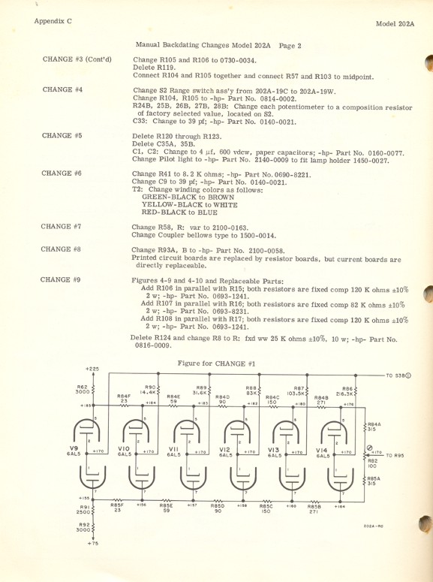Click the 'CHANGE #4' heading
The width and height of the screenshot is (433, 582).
(62, 89)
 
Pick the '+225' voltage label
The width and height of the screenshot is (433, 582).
(92, 369)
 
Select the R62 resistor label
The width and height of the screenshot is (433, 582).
(82, 388)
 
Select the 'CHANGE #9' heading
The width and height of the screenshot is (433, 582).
(62, 258)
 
